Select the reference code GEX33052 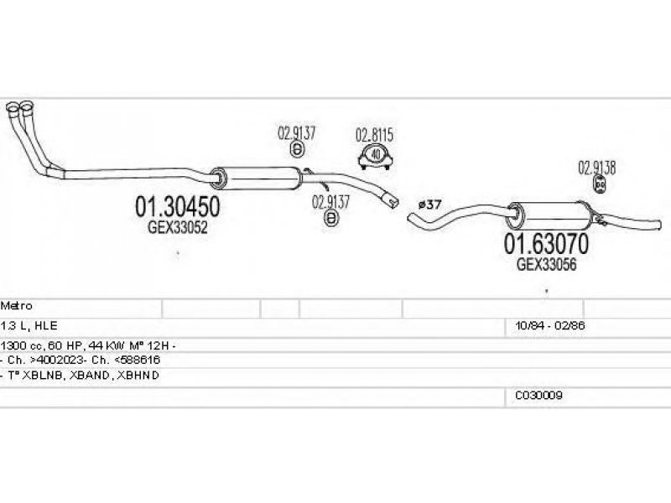[x=178, y=226]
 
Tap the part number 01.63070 [x=545, y=244]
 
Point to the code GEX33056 [x=547, y=263]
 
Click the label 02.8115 [x=375, y=134]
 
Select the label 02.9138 [x=596, y=167]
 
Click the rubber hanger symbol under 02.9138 [x=600, y=184]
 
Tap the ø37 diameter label [x=429, y=204]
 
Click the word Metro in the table [x=17, y=307]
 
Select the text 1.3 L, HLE [x=29, y=325]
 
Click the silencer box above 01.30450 [x=256, y=178]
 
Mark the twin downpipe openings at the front [x=20, y=109]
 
